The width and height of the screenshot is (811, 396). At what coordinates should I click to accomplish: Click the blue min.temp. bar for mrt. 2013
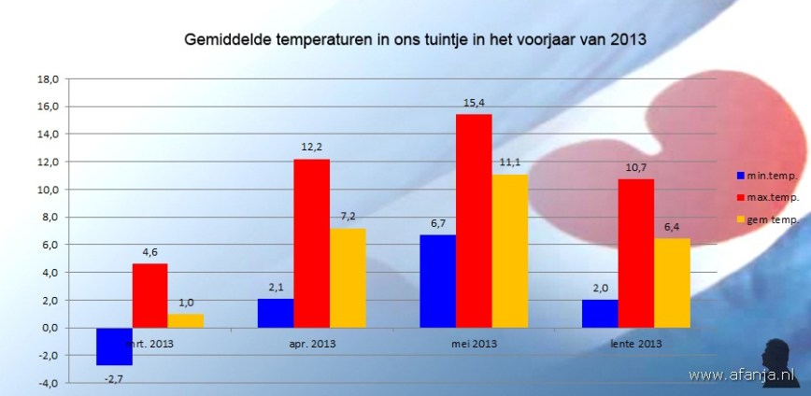pyautogui.click(x=115, y=346)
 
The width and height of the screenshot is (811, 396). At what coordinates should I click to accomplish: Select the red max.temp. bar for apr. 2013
pyautogui.click(x=311, y=244)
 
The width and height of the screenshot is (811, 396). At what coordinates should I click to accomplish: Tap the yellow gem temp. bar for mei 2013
pyautogui.click(x=510, y=251)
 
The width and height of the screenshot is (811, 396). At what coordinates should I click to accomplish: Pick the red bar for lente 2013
pyautogui.click(x=635, y=253)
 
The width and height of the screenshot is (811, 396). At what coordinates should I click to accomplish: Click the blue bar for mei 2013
pyautogui.click(x=437, y=281)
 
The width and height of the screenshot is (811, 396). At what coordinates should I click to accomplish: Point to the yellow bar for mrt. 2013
pyautogui.click(x=186, y=320)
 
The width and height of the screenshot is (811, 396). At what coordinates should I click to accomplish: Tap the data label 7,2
pyautogui.click(x=348, y=217)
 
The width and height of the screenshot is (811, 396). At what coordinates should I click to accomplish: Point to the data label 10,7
pyautogui.click(x=635, y=167)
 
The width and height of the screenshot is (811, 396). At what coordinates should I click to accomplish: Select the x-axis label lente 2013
pyautogui.click(x=635, y=344)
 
